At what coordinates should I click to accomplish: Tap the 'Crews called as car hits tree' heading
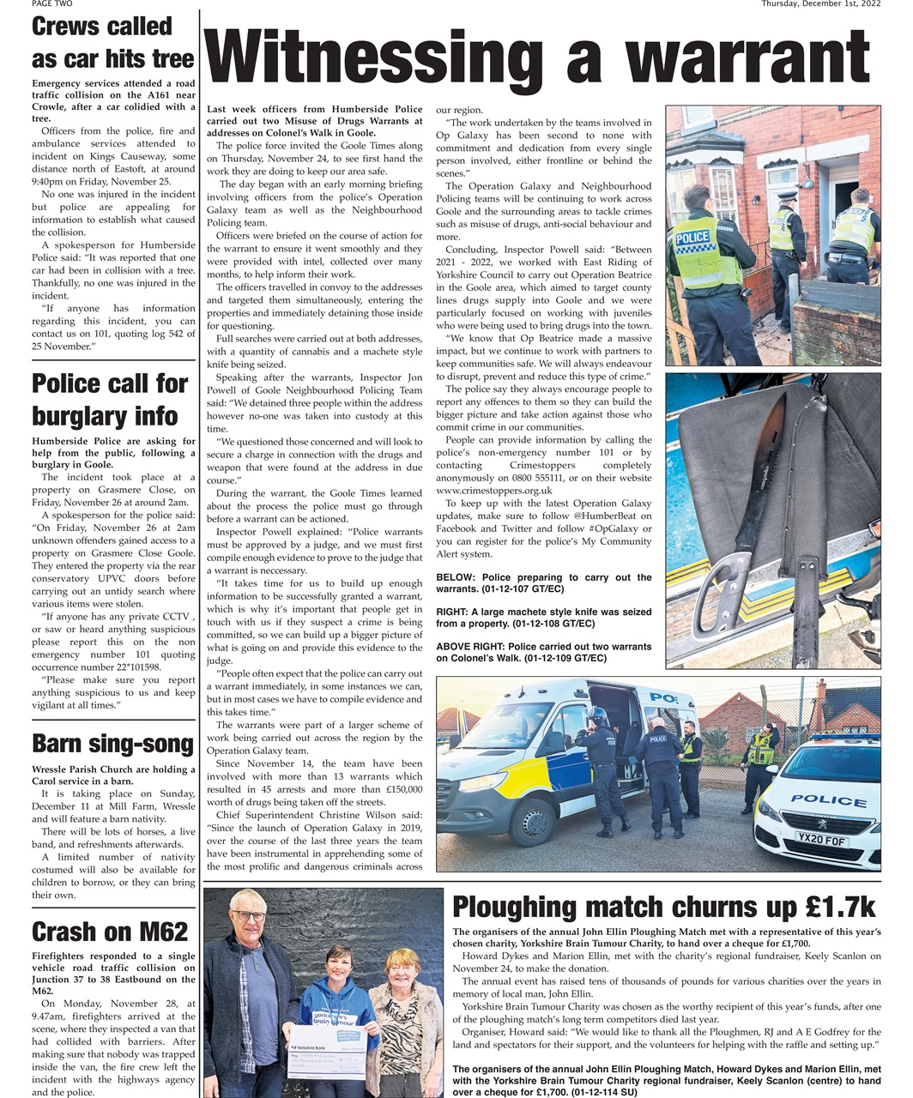coord(112,43)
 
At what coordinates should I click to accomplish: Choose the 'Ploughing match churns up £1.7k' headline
coord(663,907)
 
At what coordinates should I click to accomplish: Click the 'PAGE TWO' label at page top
coord(52,3)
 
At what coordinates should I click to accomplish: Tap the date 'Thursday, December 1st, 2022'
coord(821,3)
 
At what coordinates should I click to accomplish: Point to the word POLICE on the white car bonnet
coord(828,800)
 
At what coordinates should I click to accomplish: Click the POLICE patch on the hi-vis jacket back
coord(692,238)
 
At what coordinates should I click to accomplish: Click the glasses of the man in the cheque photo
coord(249,916)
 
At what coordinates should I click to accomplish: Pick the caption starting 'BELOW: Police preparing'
coord(543,583)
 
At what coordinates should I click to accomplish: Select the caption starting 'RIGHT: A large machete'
coord(543,618)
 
